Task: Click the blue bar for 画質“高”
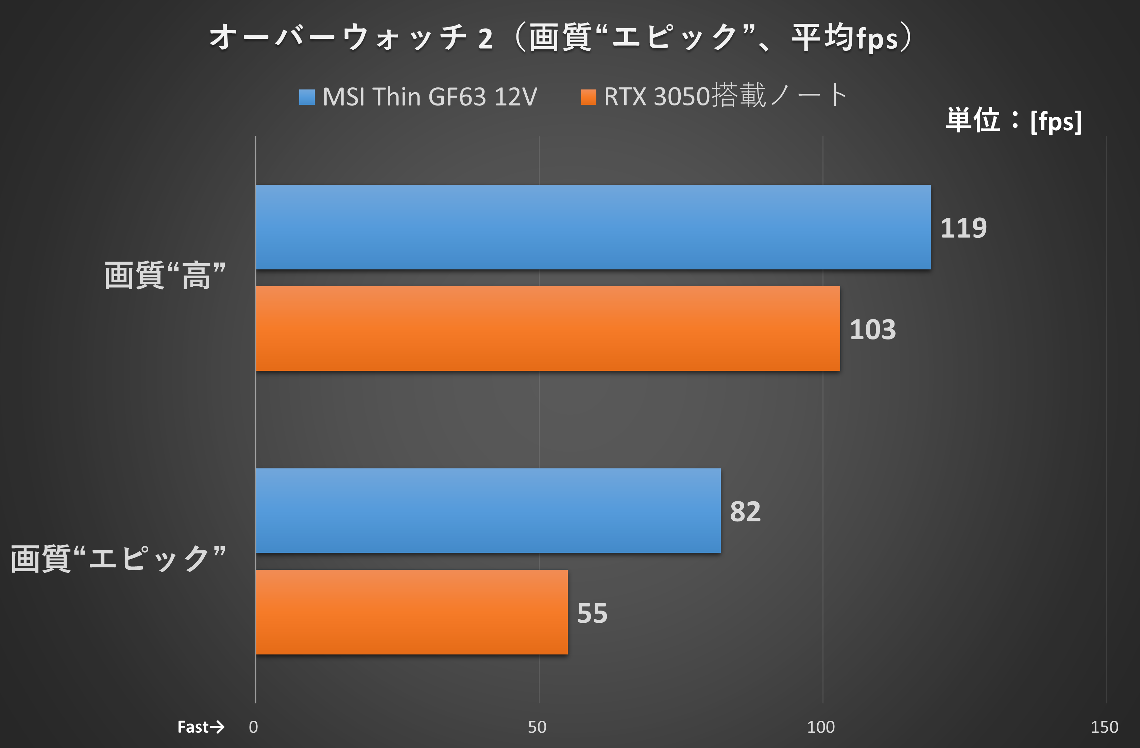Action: [593, 227]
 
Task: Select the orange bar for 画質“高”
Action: [547, 328]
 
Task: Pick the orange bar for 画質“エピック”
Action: [411, 612]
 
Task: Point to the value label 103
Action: [872, 330]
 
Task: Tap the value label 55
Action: [592, 613]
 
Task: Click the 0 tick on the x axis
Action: [253, 727]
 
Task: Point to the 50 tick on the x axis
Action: [537, 727]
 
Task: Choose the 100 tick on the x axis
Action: [820, 727]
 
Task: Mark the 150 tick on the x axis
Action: [1104, 727]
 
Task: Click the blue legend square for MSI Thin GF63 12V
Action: [307, 97]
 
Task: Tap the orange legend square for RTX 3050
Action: [588, 97]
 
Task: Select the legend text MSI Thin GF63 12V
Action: [430, 97]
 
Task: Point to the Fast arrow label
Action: [201, 727]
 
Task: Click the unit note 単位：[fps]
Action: [1013, 120]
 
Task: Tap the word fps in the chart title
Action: [877, 38]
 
